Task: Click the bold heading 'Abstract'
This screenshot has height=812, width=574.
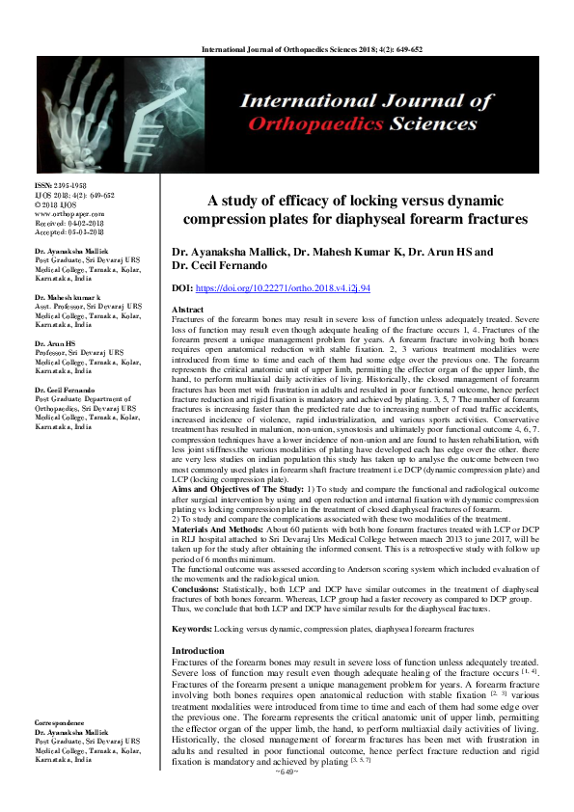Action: point(187,309)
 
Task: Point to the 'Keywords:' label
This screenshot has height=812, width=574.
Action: point(191,601)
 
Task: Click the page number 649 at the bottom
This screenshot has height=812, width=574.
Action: point(286,772)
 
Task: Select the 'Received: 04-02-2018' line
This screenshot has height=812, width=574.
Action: point(68,221)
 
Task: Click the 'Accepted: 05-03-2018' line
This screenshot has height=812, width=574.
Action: point(68,230)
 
